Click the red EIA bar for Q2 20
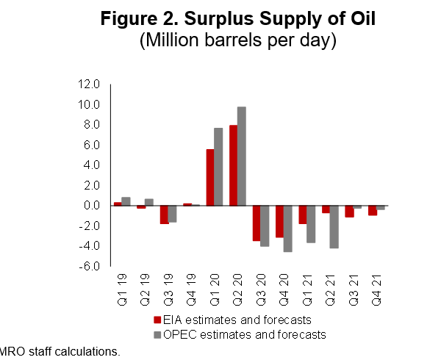[233, 165]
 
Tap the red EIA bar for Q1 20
[209, 177]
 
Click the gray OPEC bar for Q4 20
[288, 228]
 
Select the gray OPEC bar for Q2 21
[334, 226]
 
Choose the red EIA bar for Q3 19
[164, 214]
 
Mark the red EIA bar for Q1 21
[303, 214]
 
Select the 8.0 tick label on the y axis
[92, 124]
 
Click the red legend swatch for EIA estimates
[157, 320]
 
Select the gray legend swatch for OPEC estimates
[157, 335]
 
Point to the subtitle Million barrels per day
[237, 41]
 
